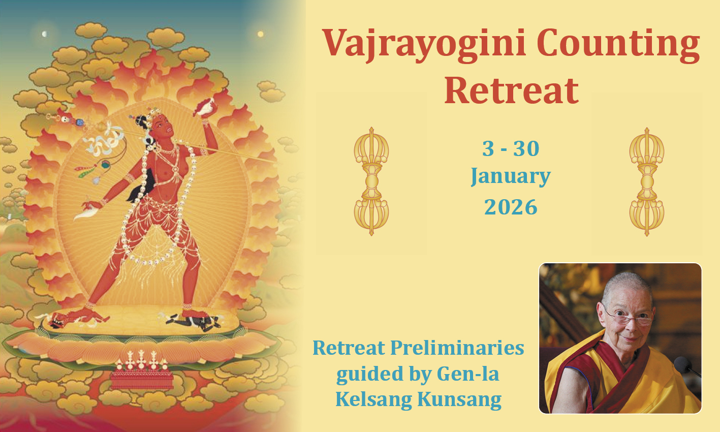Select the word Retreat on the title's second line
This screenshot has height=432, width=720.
pyautogui.click(x=512, y=91)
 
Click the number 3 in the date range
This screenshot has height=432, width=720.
pyautogui.click(x=488, y=148)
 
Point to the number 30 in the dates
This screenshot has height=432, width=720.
pyautogui.click(x=526, y=148)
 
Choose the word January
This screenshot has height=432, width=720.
pyautogui.click(x=511, y=177)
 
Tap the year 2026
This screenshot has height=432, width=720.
pyautogui.click(x=511, y=207)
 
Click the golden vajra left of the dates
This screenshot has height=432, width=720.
pyautogui.click(x=371, y=181)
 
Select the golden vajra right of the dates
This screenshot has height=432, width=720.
pyautogui.click(x=647, y=182)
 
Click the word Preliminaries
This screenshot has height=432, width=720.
pyautogui.click(x=457, y=349)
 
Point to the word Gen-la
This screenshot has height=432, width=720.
pyautogui.click(x=468, y=374)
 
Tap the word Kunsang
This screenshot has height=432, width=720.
pyautogui.click(x=459, y=400)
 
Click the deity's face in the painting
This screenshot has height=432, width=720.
pyautogui.click(x=163, y=126)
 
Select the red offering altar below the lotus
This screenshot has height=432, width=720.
pyautogui.click(x=141, y=379)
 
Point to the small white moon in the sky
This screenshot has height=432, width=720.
pyautogui.click(x=45, y=34)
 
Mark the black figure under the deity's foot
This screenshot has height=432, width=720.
pyautogui.click(x=195, y=321)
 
